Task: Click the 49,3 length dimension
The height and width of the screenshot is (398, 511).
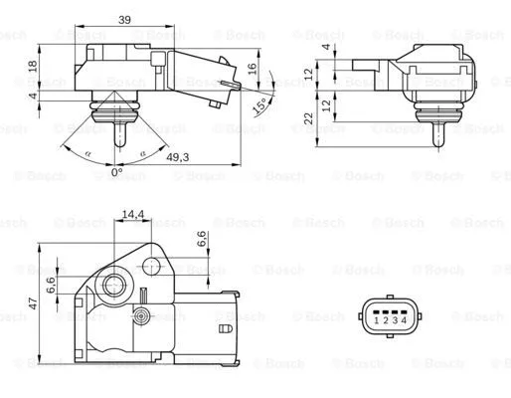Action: (178, 156)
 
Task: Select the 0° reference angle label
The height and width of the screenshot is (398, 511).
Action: (115, 172)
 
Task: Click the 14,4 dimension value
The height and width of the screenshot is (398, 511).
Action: (132, 214)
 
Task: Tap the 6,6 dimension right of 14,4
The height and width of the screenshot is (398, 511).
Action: (201, 239)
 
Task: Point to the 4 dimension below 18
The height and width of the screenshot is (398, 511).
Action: (32, 97)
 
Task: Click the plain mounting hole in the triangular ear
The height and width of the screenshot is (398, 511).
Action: (152, 264)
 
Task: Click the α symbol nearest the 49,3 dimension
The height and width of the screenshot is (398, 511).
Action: (144, 152)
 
